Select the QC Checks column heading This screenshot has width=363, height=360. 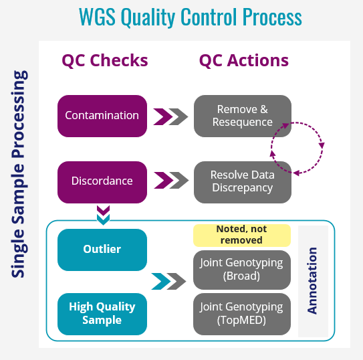click(105, 60)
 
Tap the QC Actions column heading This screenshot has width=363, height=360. click(244, 60)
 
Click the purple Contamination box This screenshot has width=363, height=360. click(102, 116)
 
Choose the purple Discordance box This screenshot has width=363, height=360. click(102, 181)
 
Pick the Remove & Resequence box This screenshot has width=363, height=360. click(243, 116)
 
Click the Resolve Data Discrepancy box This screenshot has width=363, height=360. click(243, 181)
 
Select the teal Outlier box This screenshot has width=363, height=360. click(102, 250)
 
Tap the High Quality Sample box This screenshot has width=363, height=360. click(102, 313)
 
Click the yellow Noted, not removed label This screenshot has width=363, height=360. click(242, 235)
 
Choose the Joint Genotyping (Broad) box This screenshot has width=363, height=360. click(242, 269)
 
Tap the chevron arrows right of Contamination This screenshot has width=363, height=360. click(170, 116)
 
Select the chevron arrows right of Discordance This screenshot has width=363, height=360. click(170, 181)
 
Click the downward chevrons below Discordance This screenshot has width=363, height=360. click(102, 215)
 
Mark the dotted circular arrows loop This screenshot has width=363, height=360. click(297, 148)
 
